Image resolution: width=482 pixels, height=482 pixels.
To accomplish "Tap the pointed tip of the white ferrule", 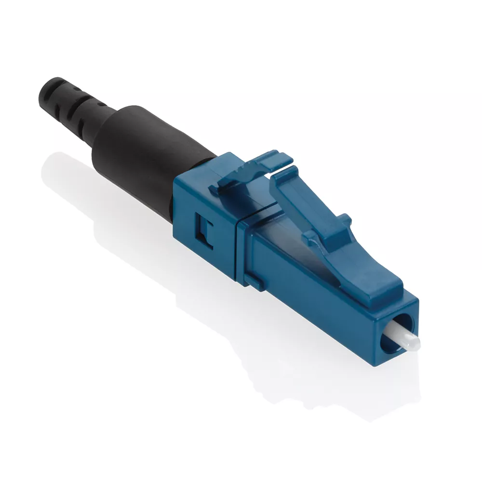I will [415, 344].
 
